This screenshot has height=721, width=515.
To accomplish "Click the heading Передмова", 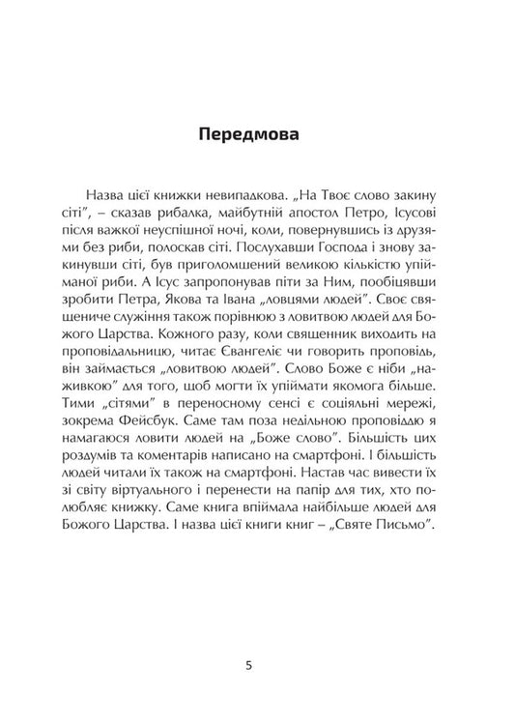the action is [257, 134].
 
